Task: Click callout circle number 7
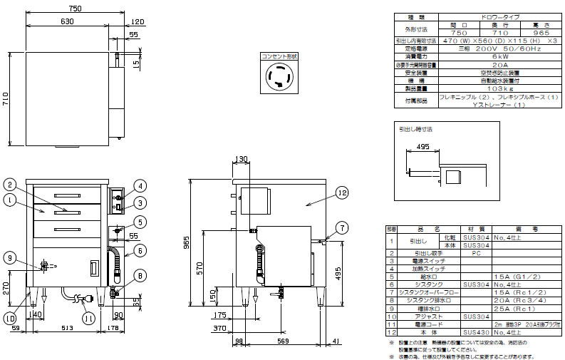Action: point(341,227)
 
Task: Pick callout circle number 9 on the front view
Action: point(9,257)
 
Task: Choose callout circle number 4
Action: point(140,187)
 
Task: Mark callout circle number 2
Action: point(9,185)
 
